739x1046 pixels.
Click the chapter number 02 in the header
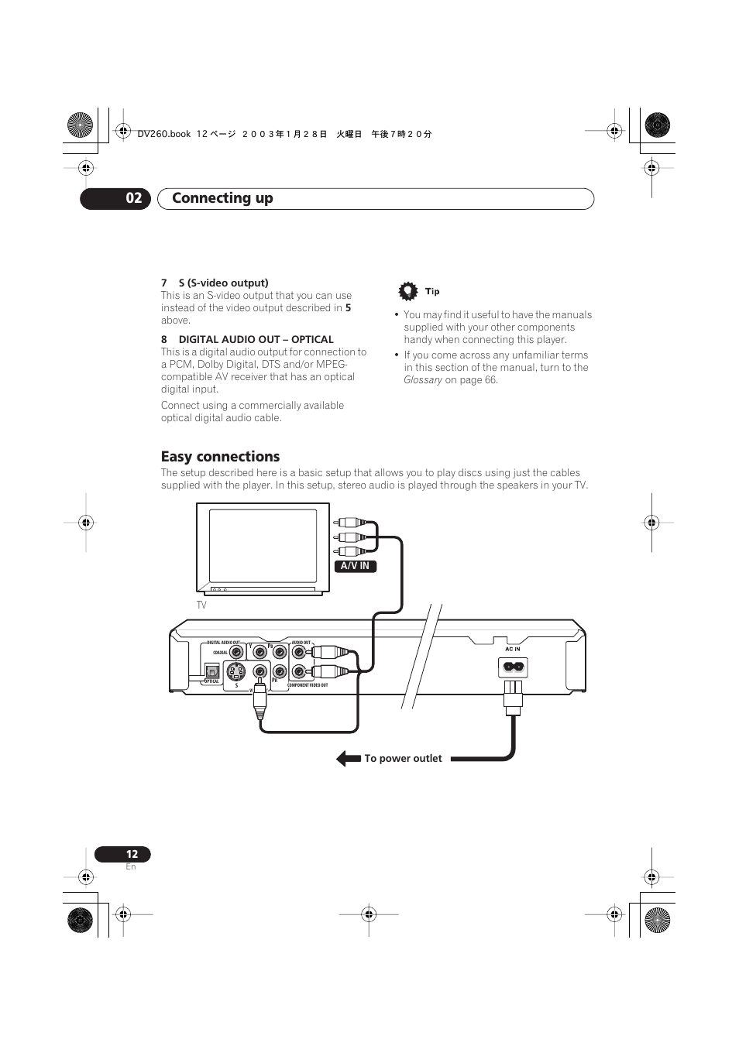134,198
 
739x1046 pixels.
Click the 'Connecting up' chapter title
222,198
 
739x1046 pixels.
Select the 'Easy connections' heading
220,457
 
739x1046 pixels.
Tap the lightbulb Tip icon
407,291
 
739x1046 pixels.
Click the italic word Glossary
423,380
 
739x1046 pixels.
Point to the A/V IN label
356,566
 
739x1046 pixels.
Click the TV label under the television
201,605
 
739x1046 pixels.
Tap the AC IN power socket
513,667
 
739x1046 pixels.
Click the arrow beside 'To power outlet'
349,759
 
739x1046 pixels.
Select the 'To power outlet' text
403,759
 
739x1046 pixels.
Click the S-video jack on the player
236,671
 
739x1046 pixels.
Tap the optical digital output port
212,671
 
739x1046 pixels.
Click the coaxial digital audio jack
236,653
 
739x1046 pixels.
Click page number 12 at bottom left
132,854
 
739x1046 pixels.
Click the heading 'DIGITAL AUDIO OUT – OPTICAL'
256,339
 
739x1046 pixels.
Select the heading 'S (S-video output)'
223,283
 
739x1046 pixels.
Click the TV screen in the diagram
263,546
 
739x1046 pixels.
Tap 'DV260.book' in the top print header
163,134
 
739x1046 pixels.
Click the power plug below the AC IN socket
513,696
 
